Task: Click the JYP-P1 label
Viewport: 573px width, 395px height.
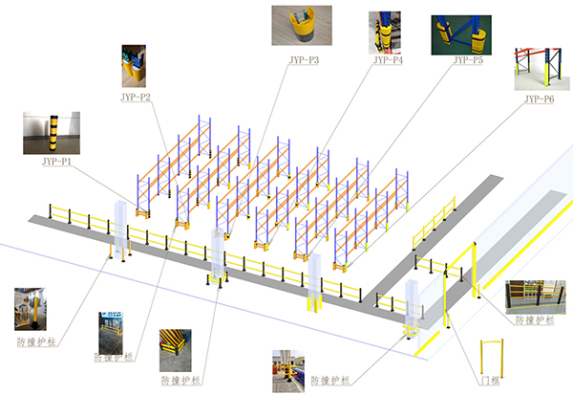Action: tap(56, 162)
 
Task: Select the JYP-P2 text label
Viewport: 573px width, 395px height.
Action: tap(136, 97)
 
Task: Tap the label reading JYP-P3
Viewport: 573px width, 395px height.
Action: tap(304, 60)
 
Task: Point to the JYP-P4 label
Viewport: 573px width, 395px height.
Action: tap(388, 60)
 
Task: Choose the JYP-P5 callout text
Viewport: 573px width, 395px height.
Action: tap(468, 60)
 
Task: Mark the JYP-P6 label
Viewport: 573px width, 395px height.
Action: tap(540, 99)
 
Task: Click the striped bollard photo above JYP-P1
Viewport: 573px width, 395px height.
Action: tap(52, 133)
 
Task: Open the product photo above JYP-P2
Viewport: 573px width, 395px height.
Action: tap(134, 66)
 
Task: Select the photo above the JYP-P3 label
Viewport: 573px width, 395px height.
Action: tap(302, 25)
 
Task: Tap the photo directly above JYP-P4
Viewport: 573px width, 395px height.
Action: tap(385, 33)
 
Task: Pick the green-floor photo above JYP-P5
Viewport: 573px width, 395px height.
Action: tap(461, 35)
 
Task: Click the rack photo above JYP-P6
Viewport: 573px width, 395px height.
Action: tap(541, 69)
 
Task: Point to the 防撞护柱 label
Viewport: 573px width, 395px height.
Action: tap(36, 341)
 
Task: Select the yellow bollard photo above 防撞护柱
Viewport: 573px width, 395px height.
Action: tap(31, 309)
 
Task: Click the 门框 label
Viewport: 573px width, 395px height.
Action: tap(490, 381)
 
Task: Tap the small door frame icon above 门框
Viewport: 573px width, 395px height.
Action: tap(492, 340)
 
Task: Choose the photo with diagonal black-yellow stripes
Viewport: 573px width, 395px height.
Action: tap(176, 350)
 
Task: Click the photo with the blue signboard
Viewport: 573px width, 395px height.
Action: tap(111, 333)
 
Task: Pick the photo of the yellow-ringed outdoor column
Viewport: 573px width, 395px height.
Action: tap(288, 371)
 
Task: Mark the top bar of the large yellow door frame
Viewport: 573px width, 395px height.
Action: tap(460, 257)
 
